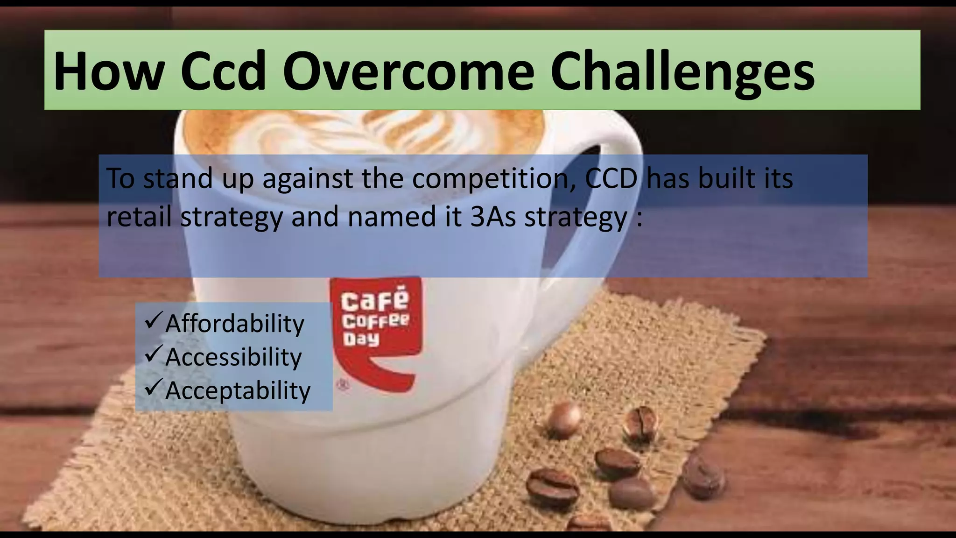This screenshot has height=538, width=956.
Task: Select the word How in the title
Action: coord(108,71)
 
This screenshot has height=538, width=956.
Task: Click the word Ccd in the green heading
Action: coord(224,71)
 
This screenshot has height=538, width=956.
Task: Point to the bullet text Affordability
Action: coord(234,323)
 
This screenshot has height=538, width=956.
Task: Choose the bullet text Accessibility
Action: coord(233,357)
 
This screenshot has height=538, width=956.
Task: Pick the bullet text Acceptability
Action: coord(238,390)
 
